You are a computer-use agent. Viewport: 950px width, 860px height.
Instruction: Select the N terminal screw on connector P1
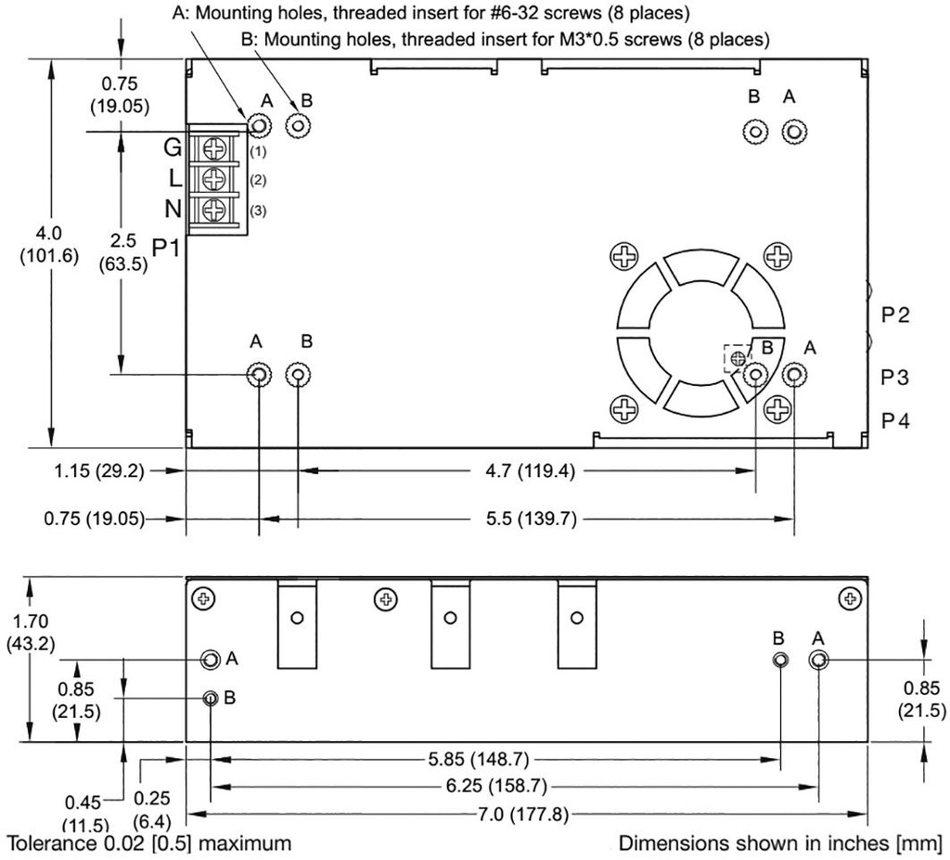tap(215, 209)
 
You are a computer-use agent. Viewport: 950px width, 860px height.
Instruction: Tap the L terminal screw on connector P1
tap(215, 178)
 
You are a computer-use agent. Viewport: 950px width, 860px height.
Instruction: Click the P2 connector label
tap(895, 315)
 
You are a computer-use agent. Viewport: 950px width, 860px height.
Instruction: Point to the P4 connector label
tap(895, 421)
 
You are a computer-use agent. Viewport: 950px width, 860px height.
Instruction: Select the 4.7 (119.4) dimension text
tap(532, 470)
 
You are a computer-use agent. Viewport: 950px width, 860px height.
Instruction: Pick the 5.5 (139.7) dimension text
tap(532, 519)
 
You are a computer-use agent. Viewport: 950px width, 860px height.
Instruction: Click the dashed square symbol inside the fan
tap(738, 357)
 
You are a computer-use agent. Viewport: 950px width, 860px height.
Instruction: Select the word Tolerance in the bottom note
tap(51, 843)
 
